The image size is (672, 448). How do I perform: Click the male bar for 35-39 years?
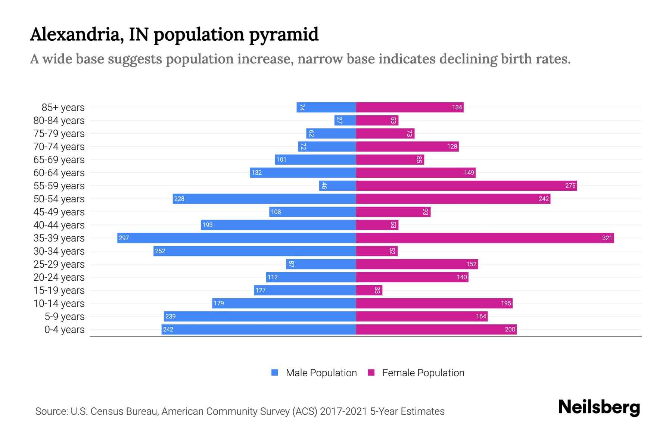click(x=236, y=238)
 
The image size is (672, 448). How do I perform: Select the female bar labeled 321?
click(x=485, y=238)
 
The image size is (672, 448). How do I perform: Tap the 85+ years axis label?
click(x=63, y=108)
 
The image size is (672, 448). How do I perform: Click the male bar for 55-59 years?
click(x=337, y=186)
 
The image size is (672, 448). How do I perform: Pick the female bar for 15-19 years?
click(x=369, y=290)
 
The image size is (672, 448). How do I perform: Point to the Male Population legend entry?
click(x=314, y=373)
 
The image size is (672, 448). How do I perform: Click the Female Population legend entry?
click(x=416, y=373)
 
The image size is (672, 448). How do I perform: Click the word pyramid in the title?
click(x=284, y=34)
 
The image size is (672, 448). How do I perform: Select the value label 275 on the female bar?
click(x=570, y=186)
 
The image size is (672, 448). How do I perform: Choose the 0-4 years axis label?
click(x=64, y=330)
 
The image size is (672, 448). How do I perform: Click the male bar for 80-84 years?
click(x=345, y=120)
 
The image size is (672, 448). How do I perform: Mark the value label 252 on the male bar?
click(x=160, y=251)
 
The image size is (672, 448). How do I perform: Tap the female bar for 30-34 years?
click(x=376, y=251)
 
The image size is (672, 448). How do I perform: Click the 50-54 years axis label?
click(x=59, y=199)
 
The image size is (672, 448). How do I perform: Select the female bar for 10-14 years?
click(x=434, y=303)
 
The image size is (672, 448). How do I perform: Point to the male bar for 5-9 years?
click(x=259, y=316)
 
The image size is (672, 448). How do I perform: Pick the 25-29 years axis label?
click(x=59, y=264)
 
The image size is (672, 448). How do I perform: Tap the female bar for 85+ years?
click(x=409, y=107)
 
